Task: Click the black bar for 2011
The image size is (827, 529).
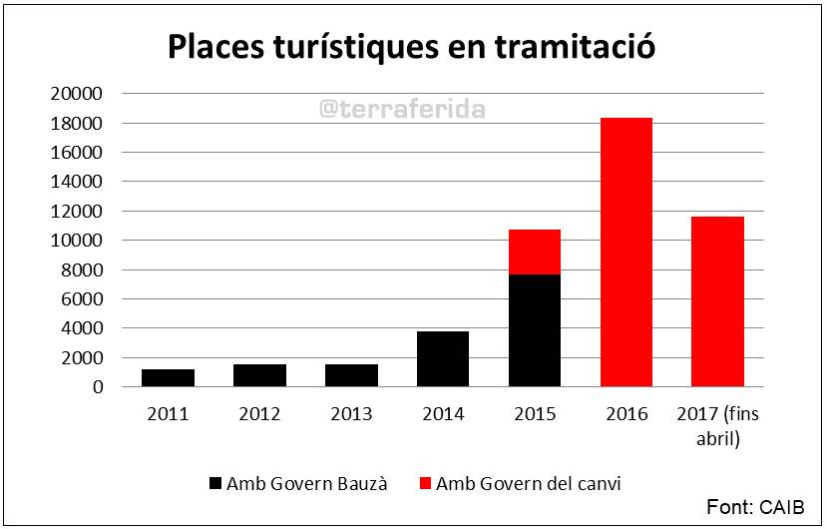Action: (x=168, y=378)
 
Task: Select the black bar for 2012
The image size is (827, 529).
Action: (x=259, y=375)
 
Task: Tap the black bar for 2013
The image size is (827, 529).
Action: (x=351, y=375)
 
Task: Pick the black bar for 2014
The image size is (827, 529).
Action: (x=443, y=359)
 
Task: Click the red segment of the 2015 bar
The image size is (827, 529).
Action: (x=535, y=252)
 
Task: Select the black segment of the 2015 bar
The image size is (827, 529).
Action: (x=535, y=330)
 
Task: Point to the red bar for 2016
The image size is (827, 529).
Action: (x=626, y=253)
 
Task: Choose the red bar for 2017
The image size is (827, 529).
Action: (x=718, y=301)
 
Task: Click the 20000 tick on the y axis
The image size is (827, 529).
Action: (x=77, y=94)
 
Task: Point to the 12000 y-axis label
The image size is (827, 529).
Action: (x=77, y=212)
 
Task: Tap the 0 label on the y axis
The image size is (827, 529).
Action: (x=98, y=387)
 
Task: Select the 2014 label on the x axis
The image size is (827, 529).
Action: (x=443, y=414)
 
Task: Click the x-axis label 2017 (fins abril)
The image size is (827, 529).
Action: (x=718, y=426)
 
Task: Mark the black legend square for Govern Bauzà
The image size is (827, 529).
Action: (x=215, y=483)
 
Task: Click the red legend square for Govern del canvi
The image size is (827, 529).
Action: (x=425, y=483)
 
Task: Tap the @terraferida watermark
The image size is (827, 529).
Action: (x=402, y=109)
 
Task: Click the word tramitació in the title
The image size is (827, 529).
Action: (x=575, y=47)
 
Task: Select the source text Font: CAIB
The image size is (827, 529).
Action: (x=755, y=507)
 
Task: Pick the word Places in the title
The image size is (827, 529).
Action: (x=216, y=47)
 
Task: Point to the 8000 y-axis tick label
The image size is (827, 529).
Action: (x=82, y=269)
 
